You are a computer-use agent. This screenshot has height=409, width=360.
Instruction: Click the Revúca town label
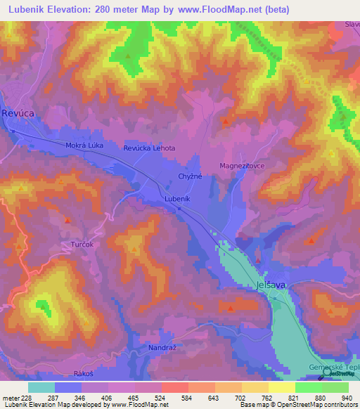[x=18, y=112]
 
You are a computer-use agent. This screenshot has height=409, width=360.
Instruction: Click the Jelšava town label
[x=270, y=286]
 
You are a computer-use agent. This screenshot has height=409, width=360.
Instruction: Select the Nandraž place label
[x=162, y=347]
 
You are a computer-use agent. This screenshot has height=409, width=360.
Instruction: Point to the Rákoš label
[x=84, y=375]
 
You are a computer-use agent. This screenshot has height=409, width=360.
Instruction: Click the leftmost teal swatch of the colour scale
[x=41, y=387]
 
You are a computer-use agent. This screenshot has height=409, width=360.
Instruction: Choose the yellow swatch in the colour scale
[x=281, y=387]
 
